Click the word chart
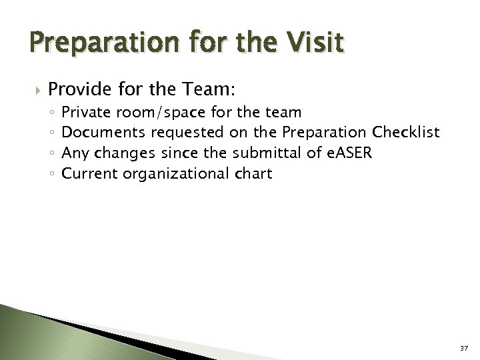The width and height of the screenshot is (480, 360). click(253, 174)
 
